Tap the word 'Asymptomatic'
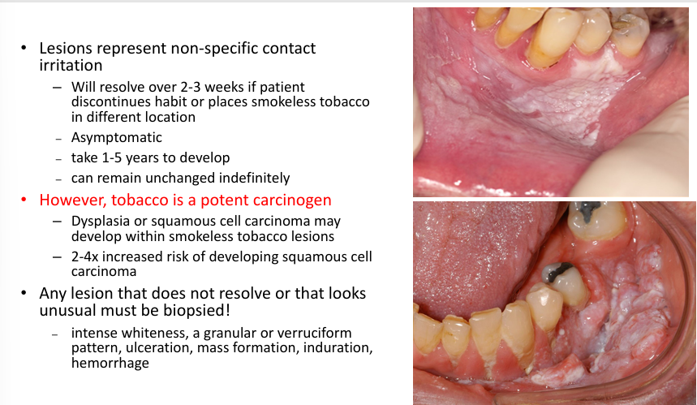click(x=116, y=137)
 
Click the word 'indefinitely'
click(x=251, y=178)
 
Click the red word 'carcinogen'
click(x=290, y=200)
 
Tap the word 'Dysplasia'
click(x=102, y=222)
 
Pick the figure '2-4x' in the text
click(x=88, y=257)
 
